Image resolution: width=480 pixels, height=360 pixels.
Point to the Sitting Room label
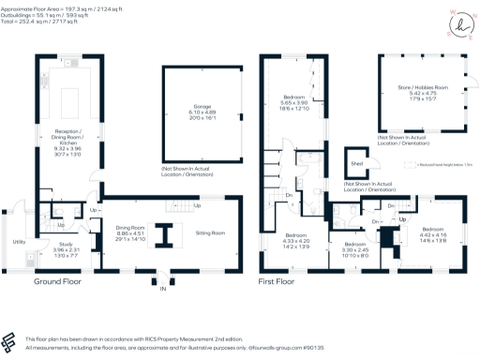208,232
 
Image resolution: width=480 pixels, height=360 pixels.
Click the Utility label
19,242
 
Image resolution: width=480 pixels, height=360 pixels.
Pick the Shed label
356,164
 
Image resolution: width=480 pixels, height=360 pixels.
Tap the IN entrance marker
161,289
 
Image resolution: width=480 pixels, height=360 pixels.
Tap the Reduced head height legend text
441,166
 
